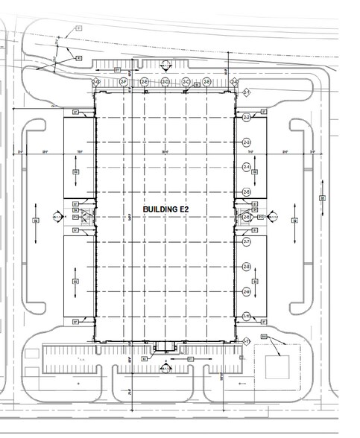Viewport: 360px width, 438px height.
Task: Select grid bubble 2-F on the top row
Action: click(x=124, y=81)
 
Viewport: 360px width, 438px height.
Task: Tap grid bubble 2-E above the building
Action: click(x=144, y=81)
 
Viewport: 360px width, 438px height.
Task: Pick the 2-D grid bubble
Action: click(x=165, y=81)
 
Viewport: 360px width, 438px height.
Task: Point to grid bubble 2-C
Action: click(x=186, y=81)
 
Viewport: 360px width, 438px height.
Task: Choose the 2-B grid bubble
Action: click(x=206, y=81)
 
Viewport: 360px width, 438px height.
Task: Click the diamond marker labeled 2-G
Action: click(x=96, y=81)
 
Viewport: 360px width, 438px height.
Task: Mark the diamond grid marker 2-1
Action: click(x=245, y=92)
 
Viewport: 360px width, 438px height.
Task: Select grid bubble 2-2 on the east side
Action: click(x=247, y=118)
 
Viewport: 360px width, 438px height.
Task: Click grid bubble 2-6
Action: click(x=247, y=217)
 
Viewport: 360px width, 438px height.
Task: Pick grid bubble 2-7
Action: click(x=247, y=242)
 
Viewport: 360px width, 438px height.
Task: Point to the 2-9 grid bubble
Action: click(x=247, y=292)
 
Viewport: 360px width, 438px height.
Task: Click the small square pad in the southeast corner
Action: click(x=276, y=366)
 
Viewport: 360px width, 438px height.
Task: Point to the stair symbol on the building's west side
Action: click(x=86, y=218)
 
